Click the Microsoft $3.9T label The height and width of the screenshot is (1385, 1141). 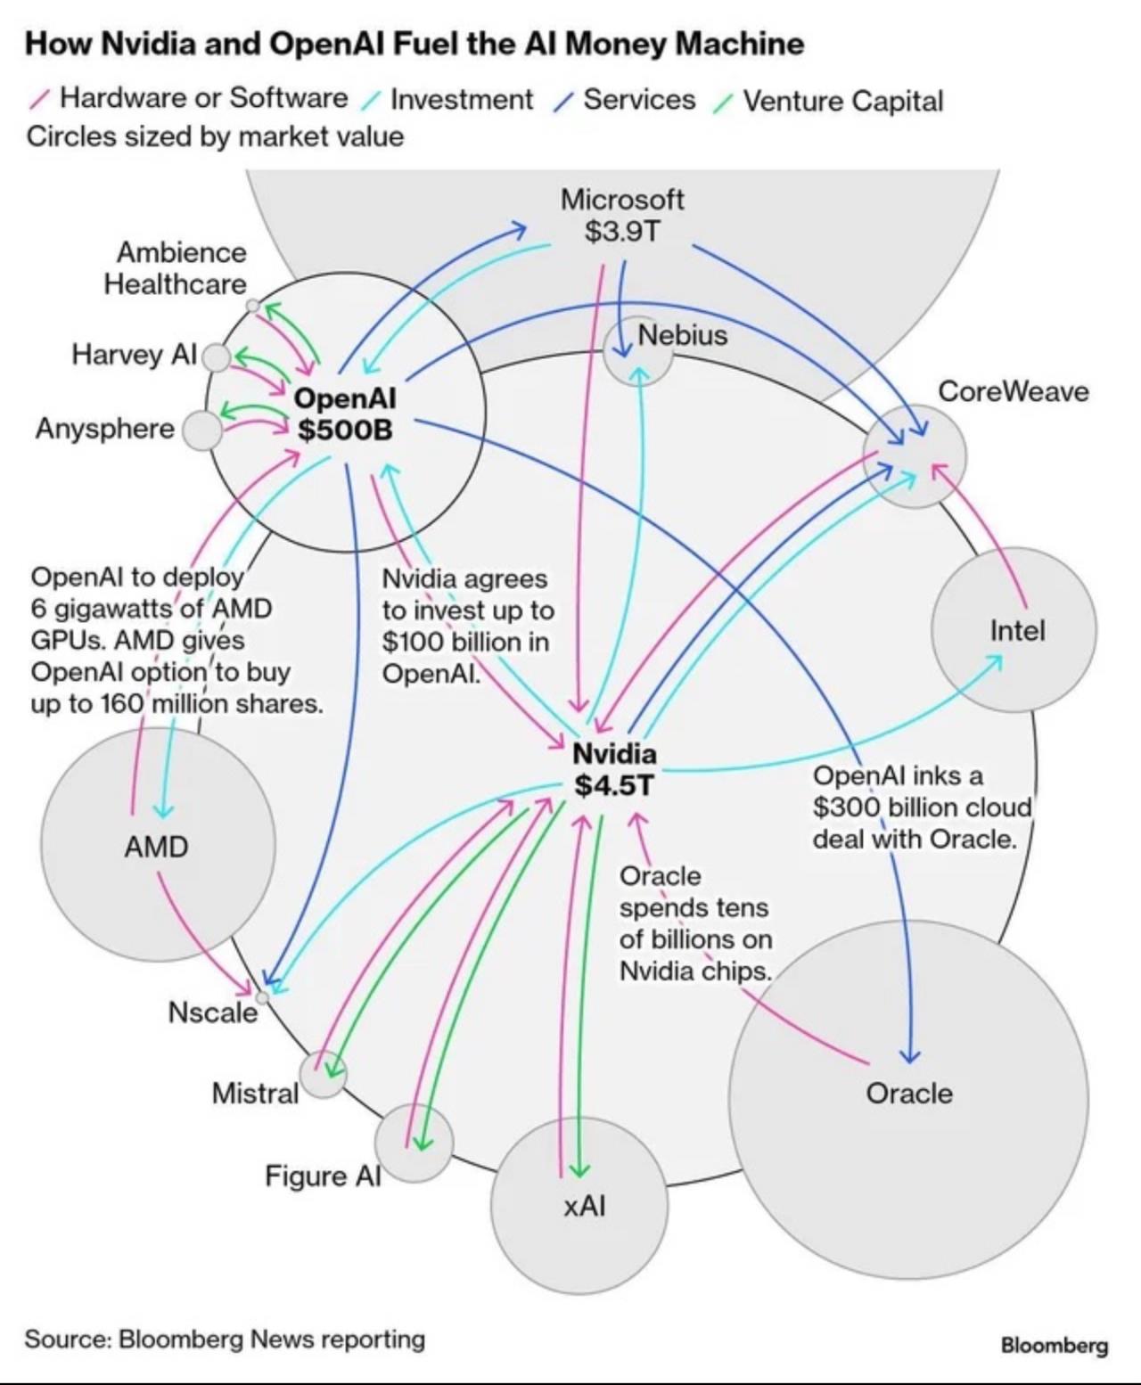(x=621, y=216)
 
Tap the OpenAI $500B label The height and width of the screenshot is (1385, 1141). (x=345, y=414)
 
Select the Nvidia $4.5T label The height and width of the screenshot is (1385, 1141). (x=614, y=769)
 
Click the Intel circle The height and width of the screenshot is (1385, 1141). (x=1014, y=630)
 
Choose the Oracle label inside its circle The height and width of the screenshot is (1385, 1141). (x=909, y=1094)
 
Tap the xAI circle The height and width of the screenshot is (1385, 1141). (x=579, y=1206)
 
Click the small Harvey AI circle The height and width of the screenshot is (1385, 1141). (x=216, y=357)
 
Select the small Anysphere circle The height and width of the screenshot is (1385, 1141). (x=202, y=430)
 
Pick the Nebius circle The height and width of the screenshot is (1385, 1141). (x=637, y=350)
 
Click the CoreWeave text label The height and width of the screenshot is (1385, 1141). (x=1014, y=391)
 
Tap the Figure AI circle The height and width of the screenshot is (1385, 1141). (x=414, y=1143)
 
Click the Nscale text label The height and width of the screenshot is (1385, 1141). (x=212, y=1012)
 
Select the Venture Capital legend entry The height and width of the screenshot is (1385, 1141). (x=841, y=101)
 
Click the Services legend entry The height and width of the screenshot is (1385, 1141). (x=638, y=100)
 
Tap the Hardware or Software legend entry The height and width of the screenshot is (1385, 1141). (x=202, y=98)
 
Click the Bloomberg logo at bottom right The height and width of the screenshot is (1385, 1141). (x=1054, y=1345)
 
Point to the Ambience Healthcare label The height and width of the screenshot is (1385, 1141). (x=176, y=268)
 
